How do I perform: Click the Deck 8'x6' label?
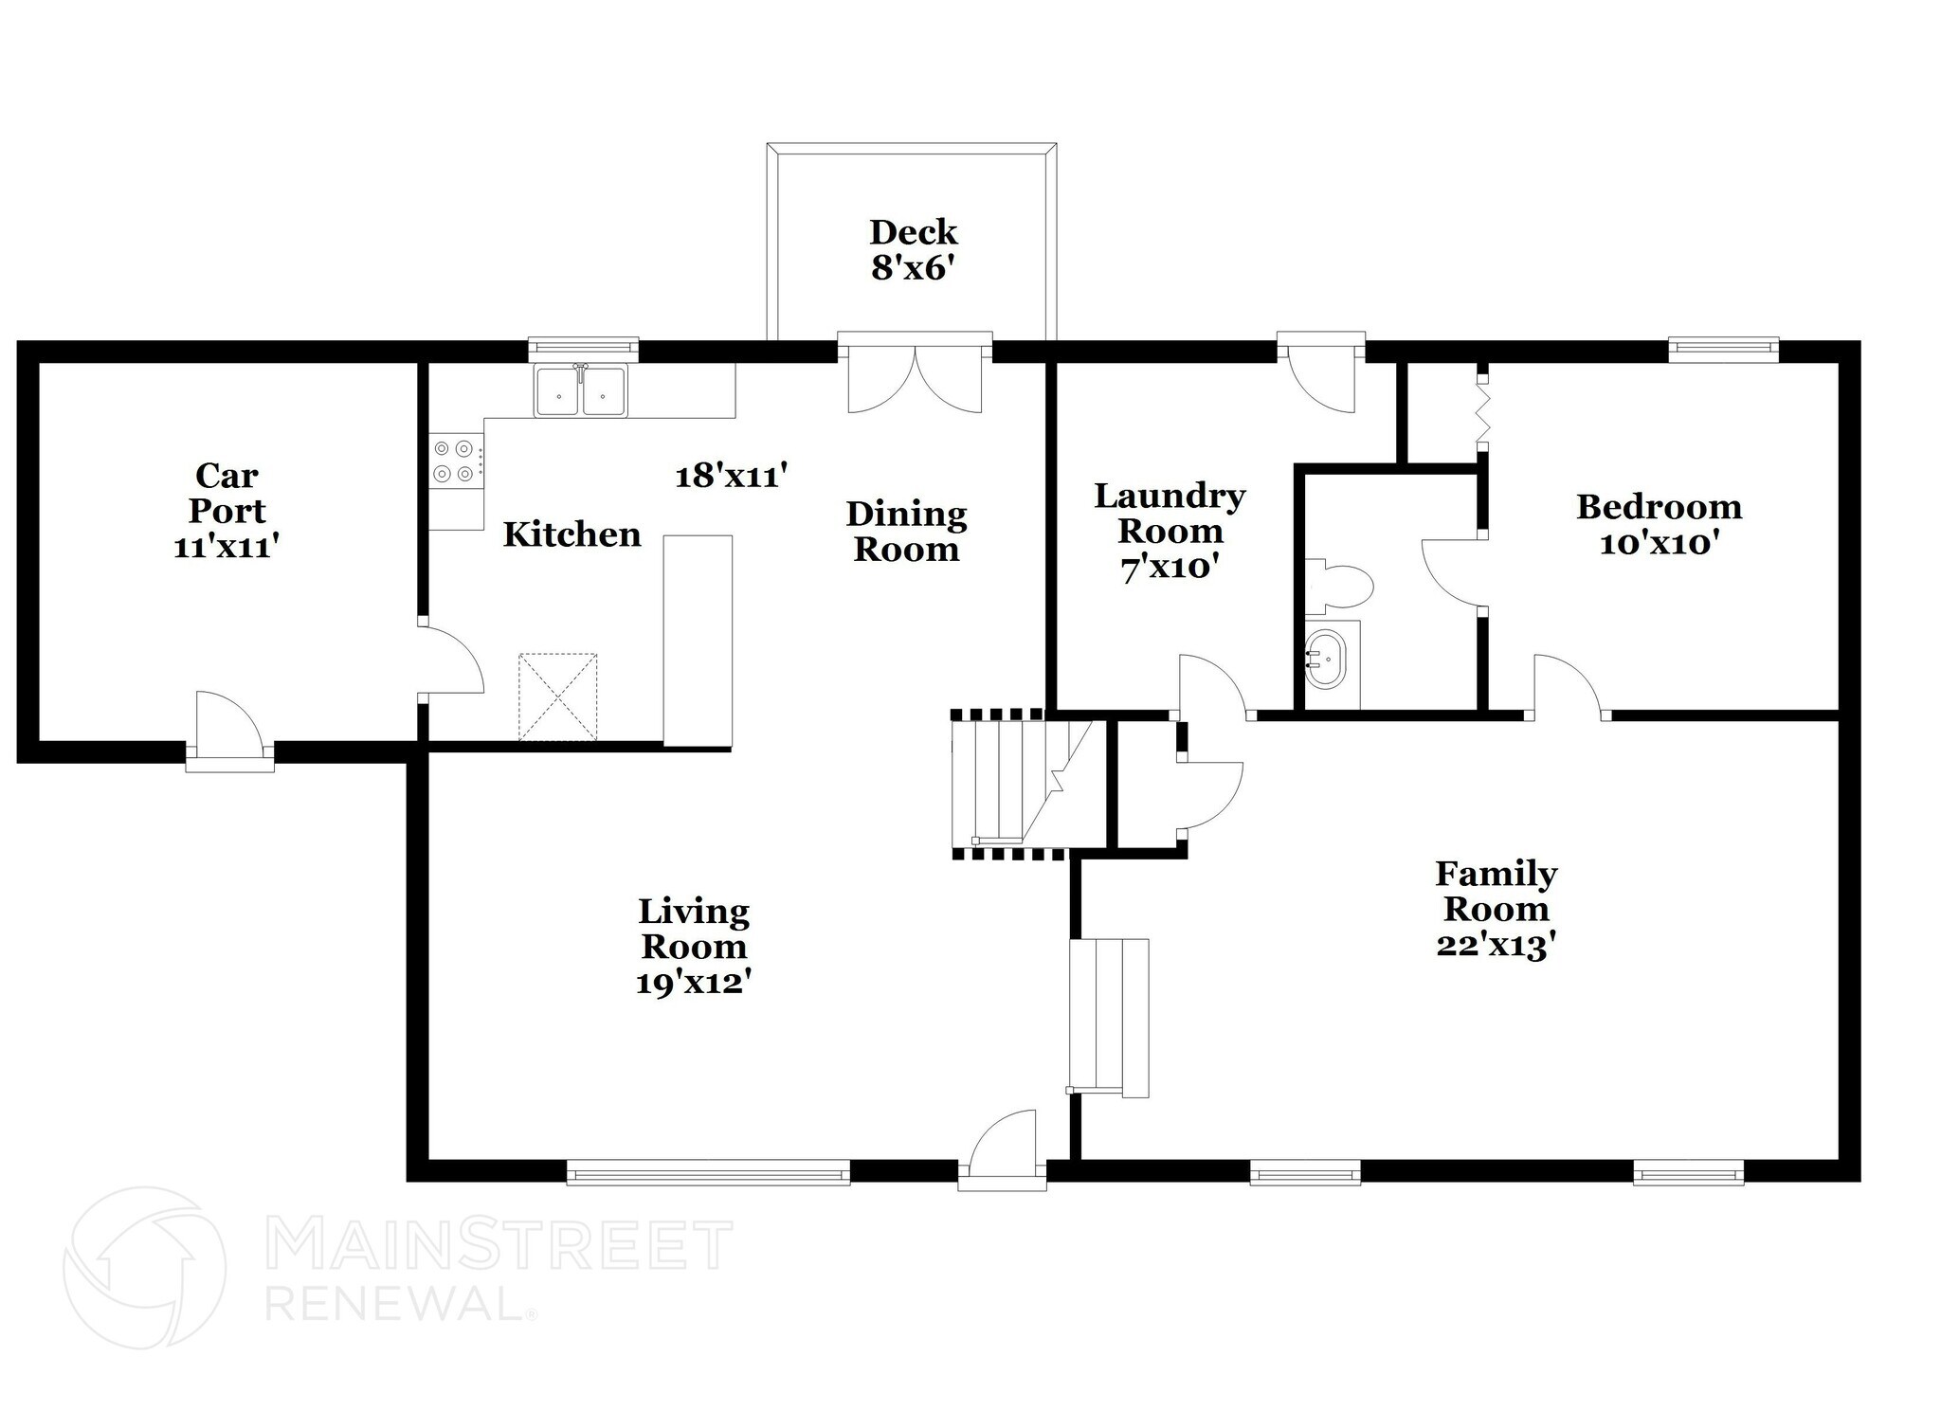913,250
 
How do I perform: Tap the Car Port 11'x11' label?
227,511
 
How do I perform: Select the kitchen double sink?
580,390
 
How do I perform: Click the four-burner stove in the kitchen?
454,461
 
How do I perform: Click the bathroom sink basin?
1325,658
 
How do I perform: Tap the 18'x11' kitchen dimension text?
732,475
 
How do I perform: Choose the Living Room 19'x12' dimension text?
694,984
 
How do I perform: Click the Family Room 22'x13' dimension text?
1496,946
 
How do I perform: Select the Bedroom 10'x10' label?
1659,525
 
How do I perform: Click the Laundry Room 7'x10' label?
1169,531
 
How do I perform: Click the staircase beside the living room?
1014,784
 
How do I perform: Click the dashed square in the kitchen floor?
557,696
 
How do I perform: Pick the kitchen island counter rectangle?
698,641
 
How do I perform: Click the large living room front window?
708,1174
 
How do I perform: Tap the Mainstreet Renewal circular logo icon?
144,1267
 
